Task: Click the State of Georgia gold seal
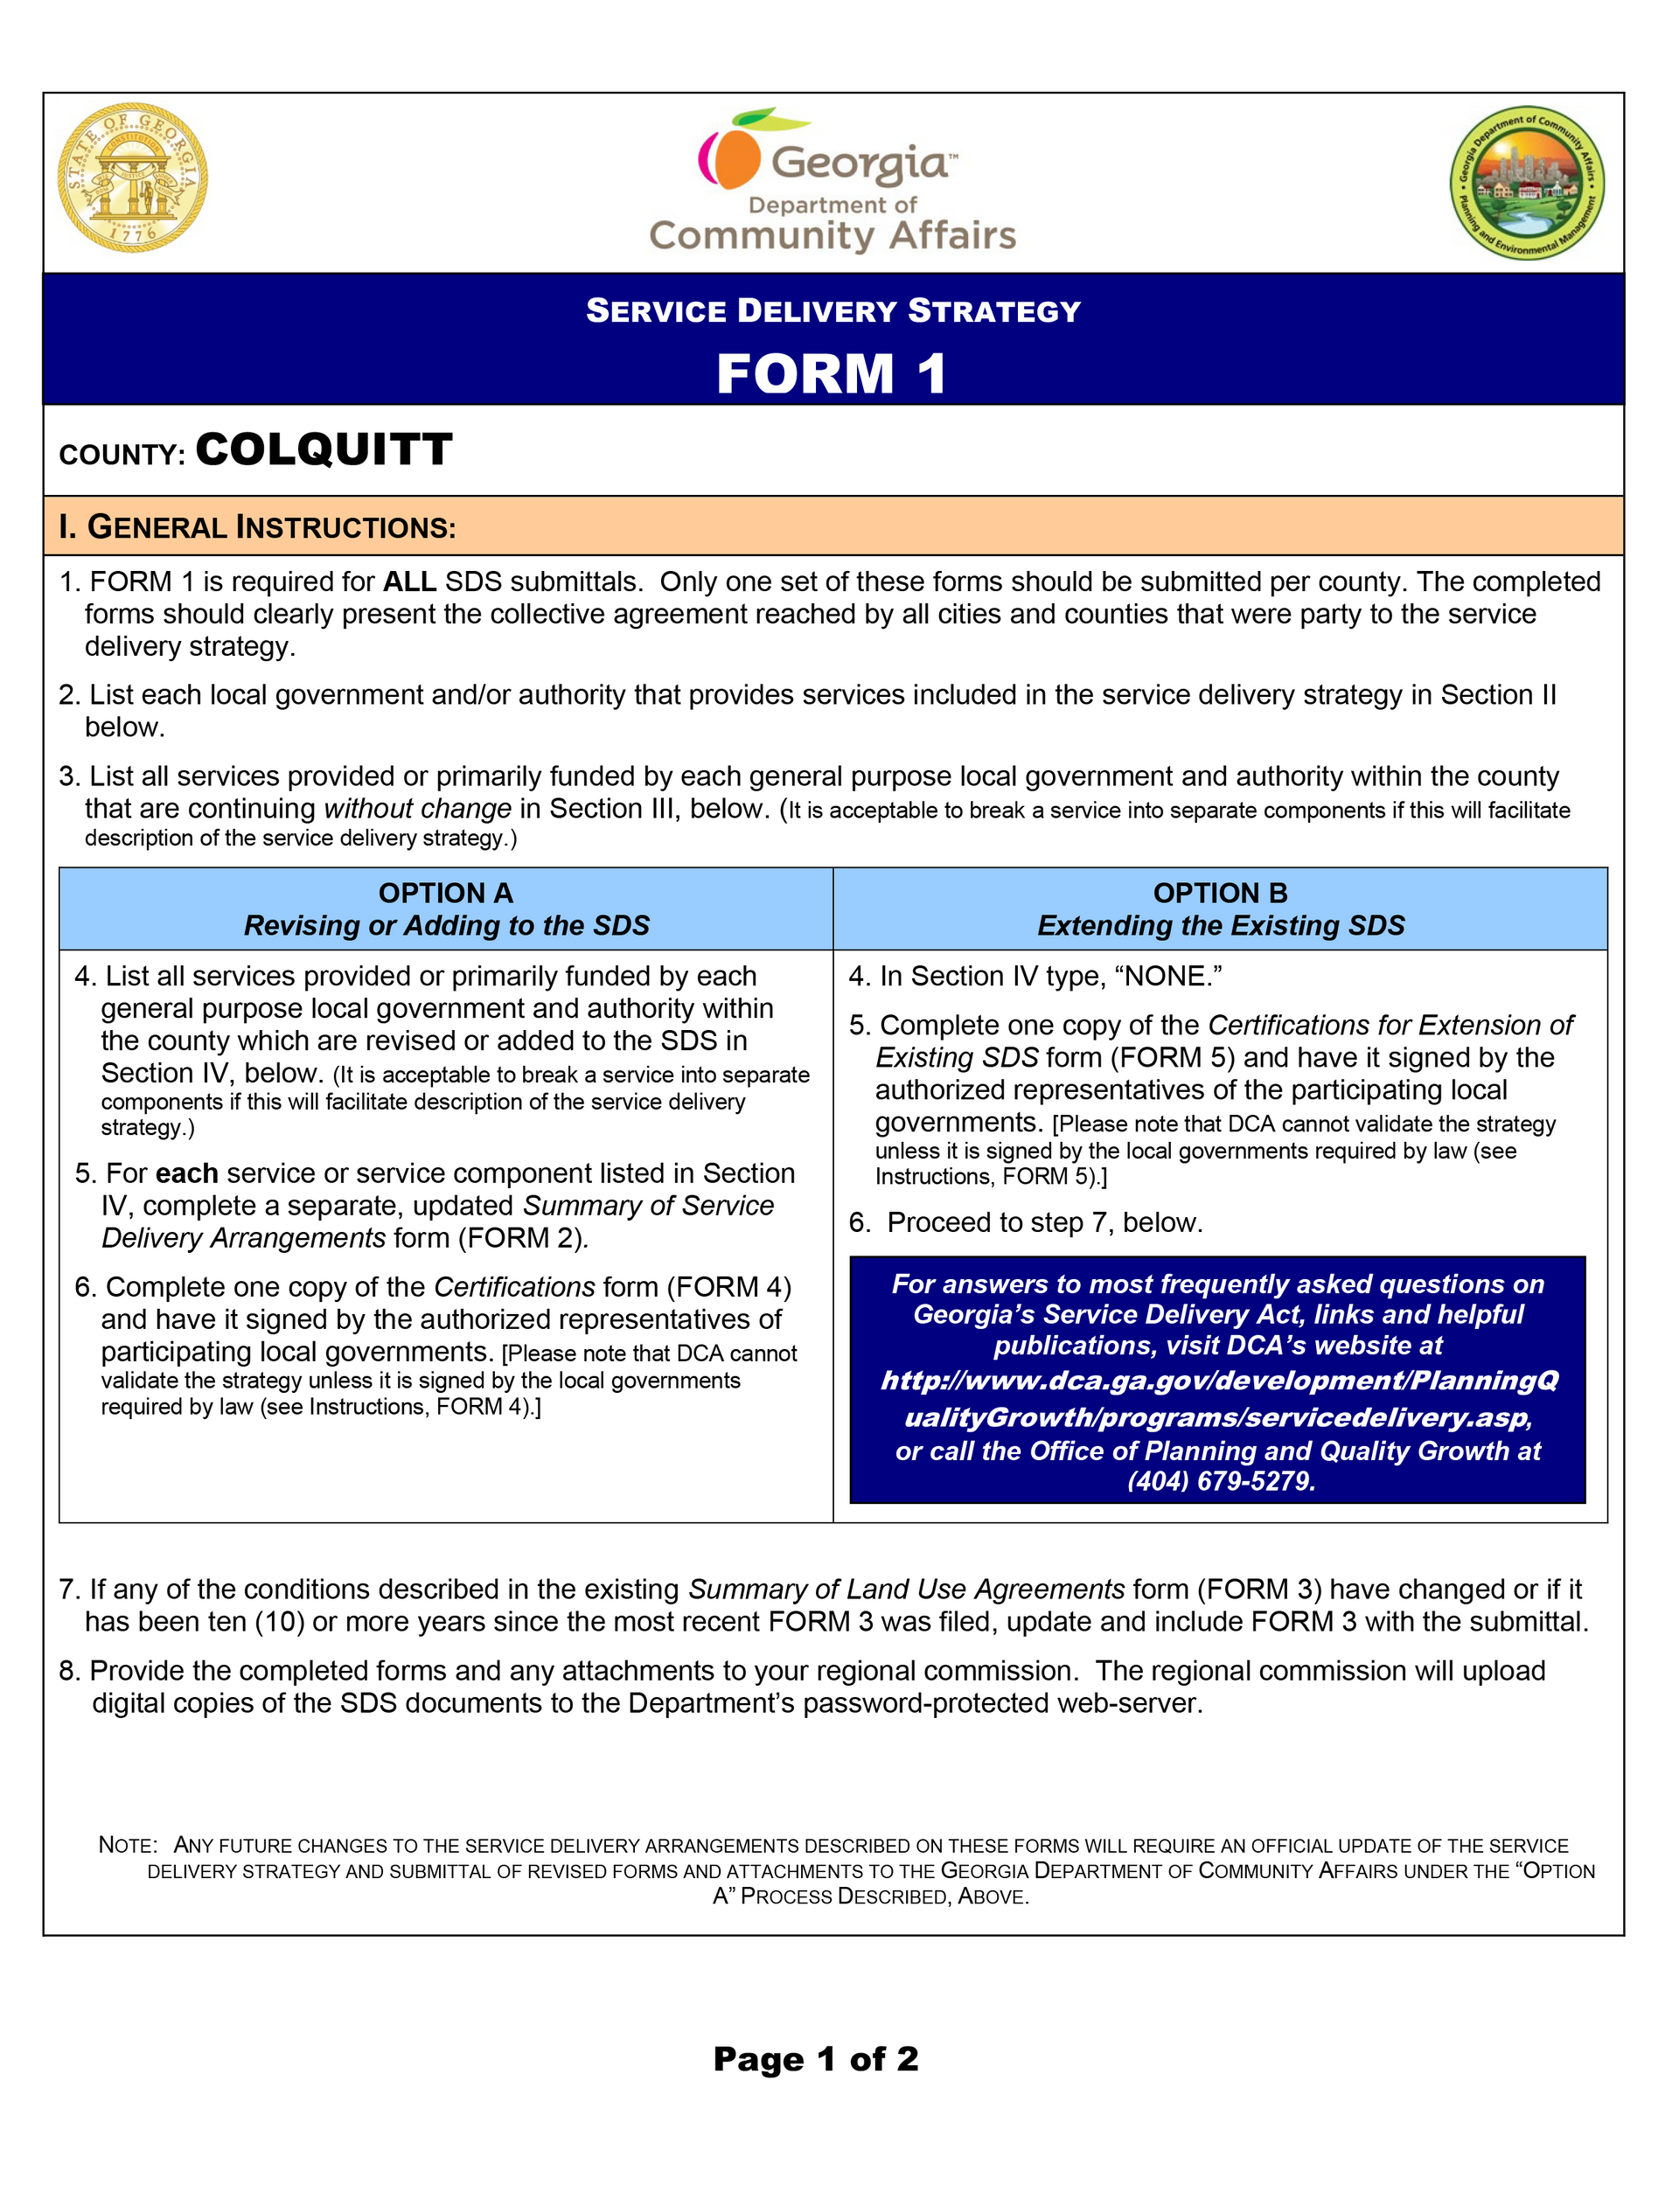click(133, 177)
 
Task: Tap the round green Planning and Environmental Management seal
click(1527, 183)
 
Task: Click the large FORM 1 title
click(832, 374)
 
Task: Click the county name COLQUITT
click(324, 450)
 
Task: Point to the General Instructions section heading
click(257, 527)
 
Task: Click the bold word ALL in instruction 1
click(410, 582)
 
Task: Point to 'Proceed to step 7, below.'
click(1044, 1223)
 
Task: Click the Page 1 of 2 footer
click(816, 2059)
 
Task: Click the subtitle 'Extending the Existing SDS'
click(1220, 926)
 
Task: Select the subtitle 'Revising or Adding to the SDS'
click(446, 926)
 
